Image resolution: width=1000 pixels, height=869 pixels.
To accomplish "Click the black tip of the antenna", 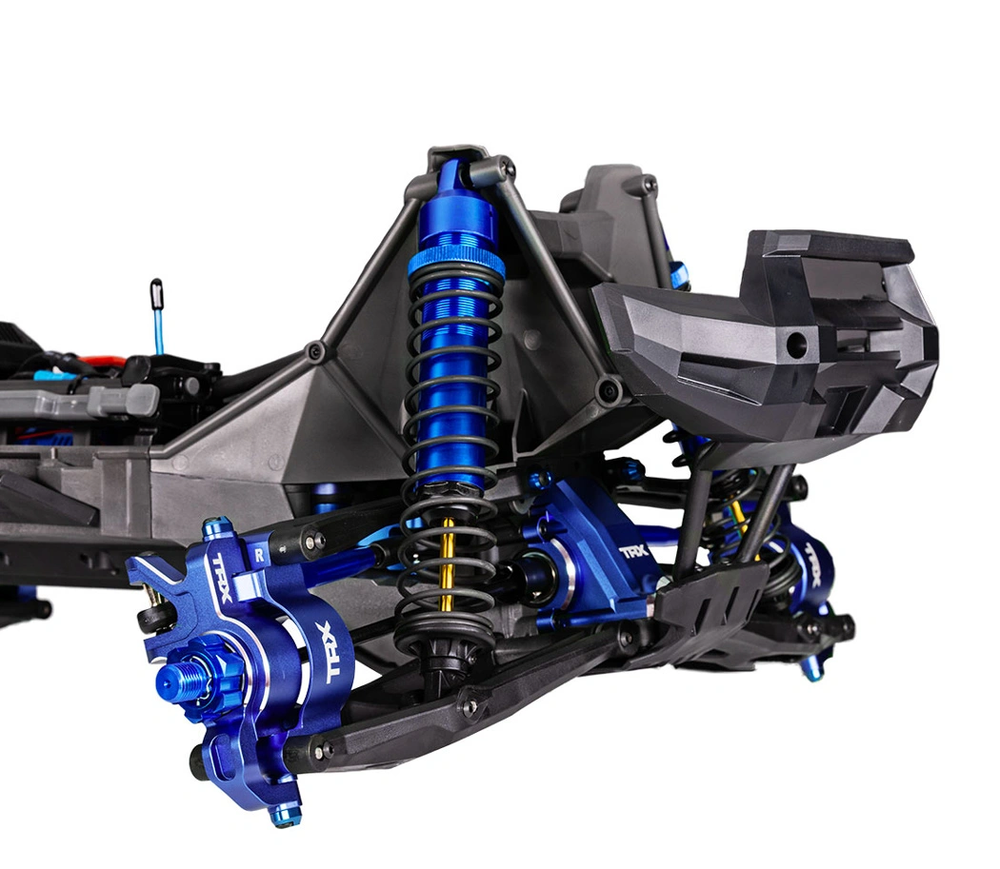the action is point(156,291).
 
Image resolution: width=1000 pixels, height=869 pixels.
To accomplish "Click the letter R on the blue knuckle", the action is point(260,555).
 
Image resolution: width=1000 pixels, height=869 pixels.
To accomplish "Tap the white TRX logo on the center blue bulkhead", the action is point(633,551).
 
